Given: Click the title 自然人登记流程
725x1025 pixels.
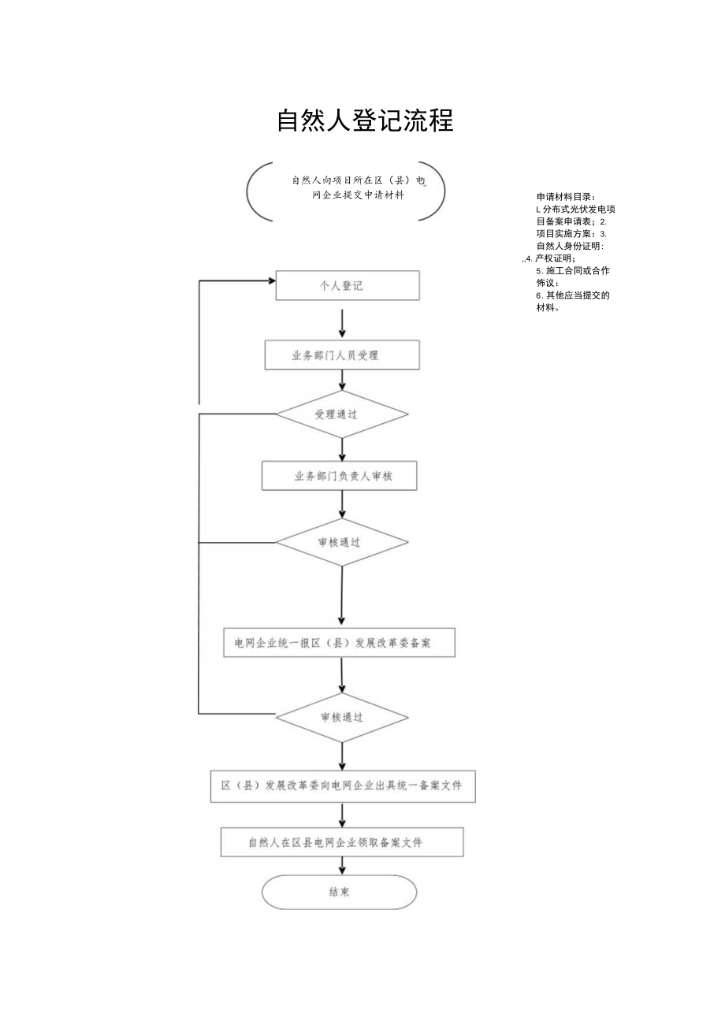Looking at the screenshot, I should pyautogui.click(x=365, y=121).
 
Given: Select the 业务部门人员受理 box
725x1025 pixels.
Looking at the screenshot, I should pyautogui.click(x=341, y=355).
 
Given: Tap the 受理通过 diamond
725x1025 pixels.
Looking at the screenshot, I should pyautogui.click(x=341, y=414).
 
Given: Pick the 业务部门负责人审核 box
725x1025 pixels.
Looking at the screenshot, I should pyautogui.click(x=340, y=476).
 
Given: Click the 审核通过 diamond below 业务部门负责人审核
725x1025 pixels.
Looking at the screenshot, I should pyautogui.click(x=341, y=542).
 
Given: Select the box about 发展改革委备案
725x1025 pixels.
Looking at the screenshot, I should pyautogui.click(x=340, y=643).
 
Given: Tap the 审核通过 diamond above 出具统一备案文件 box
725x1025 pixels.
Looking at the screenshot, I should pyautogui.click(x=341, y=717).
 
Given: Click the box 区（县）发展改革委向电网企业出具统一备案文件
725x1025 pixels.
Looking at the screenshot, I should pyautogui.click(x=342, y=786).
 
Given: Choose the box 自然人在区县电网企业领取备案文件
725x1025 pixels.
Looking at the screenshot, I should pyautogui.click(x=341, y=842).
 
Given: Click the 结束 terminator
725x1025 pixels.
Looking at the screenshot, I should pyautogui.click(x=339, y=893).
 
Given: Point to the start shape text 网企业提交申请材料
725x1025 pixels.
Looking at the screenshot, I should pyautogui.click(x=359, y=196).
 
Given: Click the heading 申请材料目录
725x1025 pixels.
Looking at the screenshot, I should pyautogui.click(x=566, y=196).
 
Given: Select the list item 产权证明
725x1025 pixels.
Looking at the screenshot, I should pyautogui.click(x=555, y=258).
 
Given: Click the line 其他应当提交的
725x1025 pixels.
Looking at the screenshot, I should pyautogui.click(x=572, y=295).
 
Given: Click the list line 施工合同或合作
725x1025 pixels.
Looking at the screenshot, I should pyautogui.click(x=572, y=270).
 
